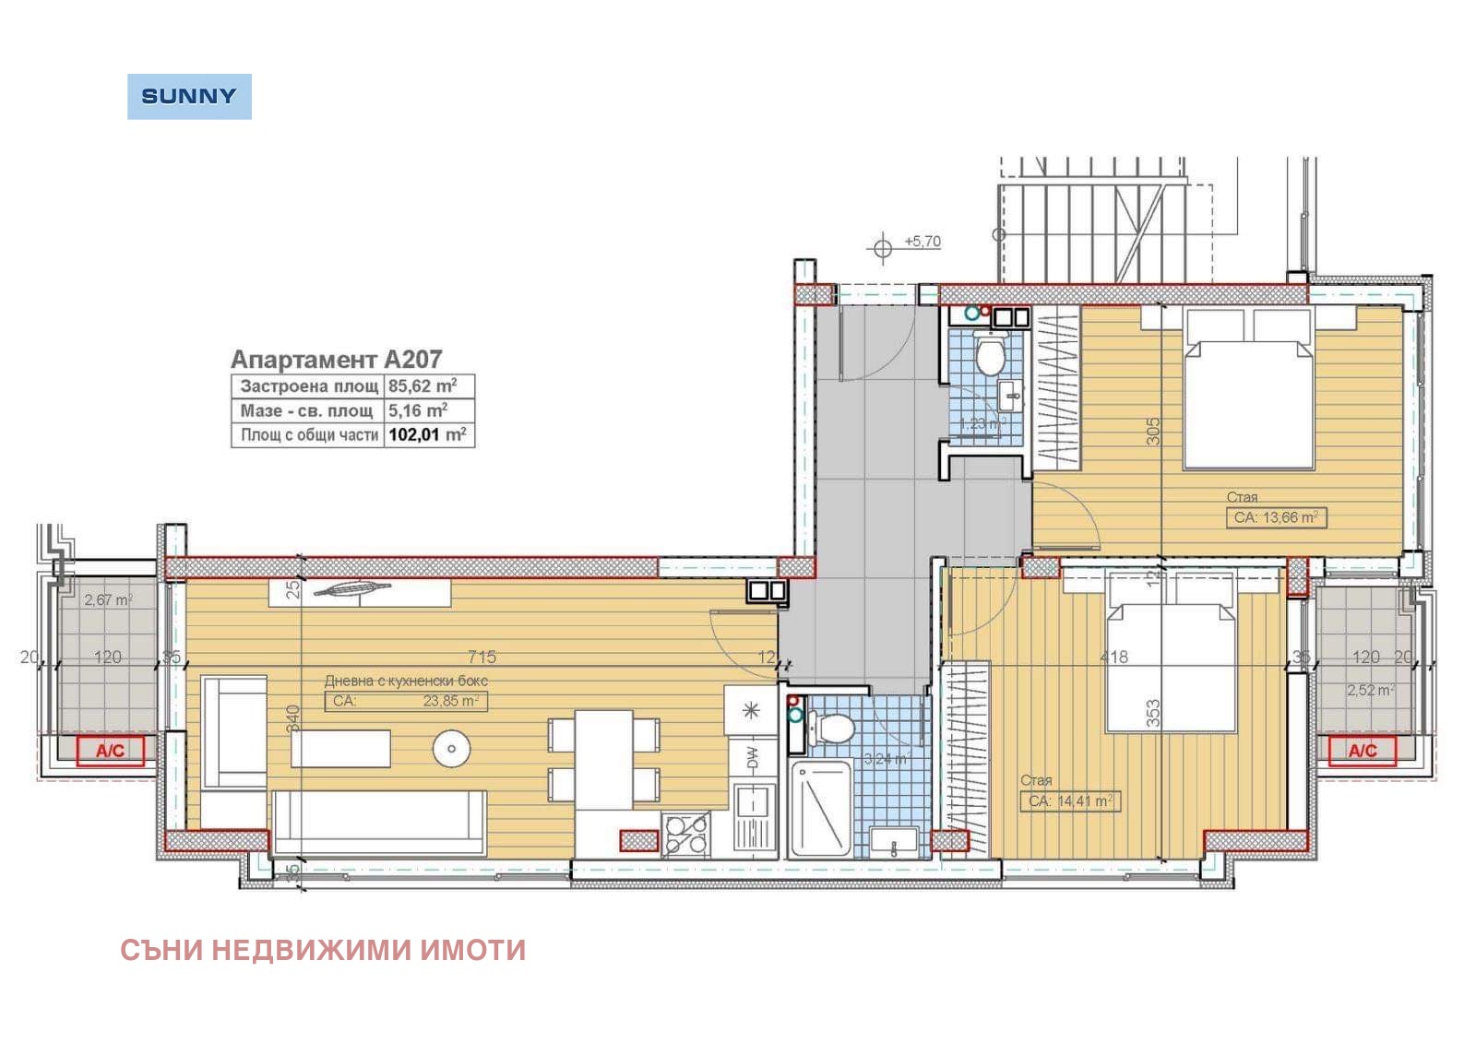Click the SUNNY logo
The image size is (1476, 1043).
[x=189, y=96]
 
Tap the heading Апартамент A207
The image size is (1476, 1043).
[x=336, y=359]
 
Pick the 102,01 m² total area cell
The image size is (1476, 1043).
[x=427, y=434]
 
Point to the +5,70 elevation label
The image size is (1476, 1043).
[x=922, y=242]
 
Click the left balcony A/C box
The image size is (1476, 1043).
[x=110, y=751]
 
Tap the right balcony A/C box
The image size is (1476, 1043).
[x=1363, y=751]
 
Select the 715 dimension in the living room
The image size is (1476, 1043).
[x=482, y=657]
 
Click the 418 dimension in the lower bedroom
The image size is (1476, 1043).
[x=1113, y=657]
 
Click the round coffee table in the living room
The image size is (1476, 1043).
[x=451, y=748]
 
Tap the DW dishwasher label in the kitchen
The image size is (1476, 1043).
[x=753, y=758]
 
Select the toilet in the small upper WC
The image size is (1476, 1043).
[x=991, y=354]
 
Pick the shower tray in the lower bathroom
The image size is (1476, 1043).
[x=820, y=810]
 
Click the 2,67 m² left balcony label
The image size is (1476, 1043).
[x=108, y=599]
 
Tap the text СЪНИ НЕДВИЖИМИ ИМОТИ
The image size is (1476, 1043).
[x=323, y=950]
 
